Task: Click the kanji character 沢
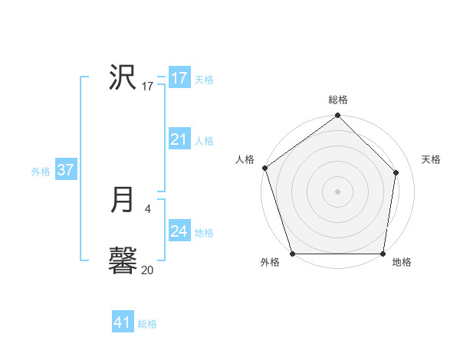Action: coord(123,77)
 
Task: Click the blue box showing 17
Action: coord(179,78)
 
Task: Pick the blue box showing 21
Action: coord(179,139)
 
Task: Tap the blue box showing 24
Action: coord(179,231)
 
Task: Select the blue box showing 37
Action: coord(65,170)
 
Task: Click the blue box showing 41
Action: coord(123,322)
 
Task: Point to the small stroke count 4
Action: coord(147,208)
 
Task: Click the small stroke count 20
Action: coord(147,270)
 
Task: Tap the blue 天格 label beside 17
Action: coord(204,80)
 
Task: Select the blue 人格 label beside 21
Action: coord(204,141)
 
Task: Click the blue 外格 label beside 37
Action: coord(41,172)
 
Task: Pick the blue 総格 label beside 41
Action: coord(147,324)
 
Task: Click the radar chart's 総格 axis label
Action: coord(338,100)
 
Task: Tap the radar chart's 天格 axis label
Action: coord(431,159)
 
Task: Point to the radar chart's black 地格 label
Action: coord(402,262)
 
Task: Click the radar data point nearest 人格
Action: coord(264,168)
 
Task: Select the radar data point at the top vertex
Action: coord(337,116)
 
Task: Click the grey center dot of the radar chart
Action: coord(337,191)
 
